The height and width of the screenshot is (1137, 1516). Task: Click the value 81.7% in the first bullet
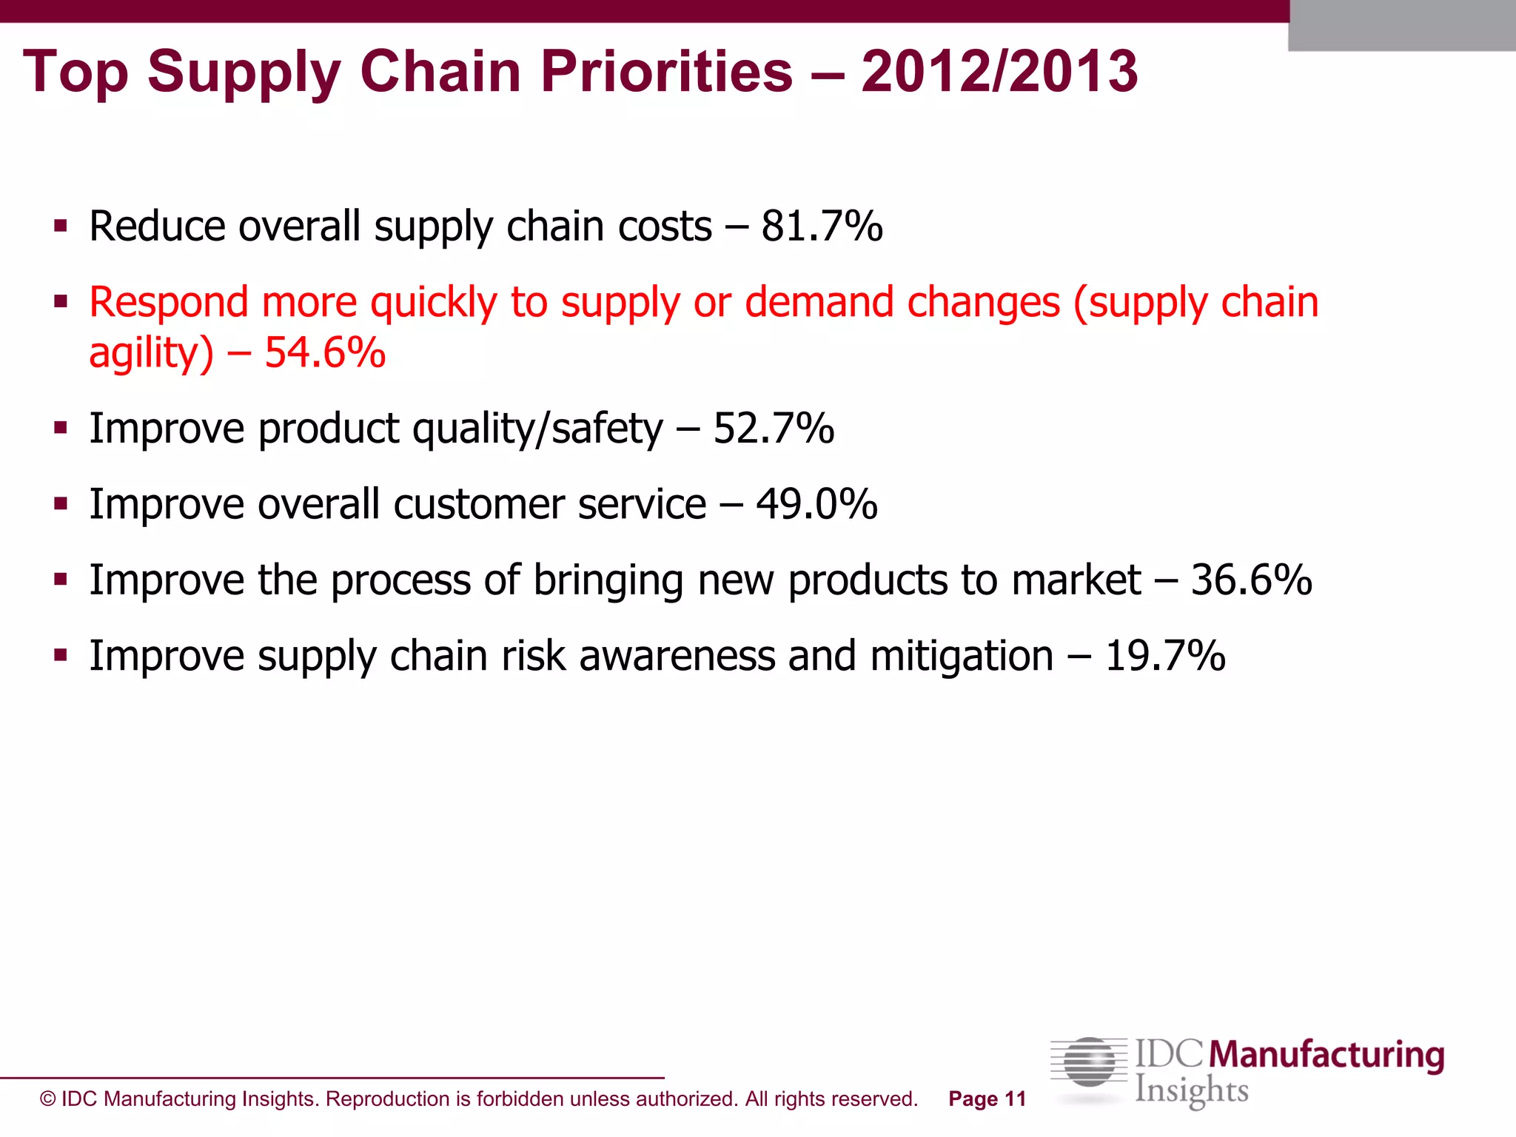822,227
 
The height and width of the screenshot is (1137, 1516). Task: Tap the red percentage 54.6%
325,352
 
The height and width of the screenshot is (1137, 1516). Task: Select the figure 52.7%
774,429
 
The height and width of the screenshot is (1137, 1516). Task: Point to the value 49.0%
816,505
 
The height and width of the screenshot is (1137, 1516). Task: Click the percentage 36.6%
1251,580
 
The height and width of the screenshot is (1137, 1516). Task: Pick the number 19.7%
1165,657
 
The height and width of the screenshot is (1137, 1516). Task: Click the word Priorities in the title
666,72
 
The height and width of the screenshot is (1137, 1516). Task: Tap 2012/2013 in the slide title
999,72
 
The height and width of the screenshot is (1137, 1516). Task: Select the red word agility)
151,354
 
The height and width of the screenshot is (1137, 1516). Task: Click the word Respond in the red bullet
168,303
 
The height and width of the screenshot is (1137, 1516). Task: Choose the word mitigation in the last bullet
962,657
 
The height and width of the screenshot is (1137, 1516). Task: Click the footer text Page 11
987,1099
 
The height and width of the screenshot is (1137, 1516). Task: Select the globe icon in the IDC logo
1089,1063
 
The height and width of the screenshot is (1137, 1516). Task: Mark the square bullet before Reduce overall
61,226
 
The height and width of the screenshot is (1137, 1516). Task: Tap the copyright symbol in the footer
47,1099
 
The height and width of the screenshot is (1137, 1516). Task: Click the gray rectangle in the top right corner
1401,26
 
